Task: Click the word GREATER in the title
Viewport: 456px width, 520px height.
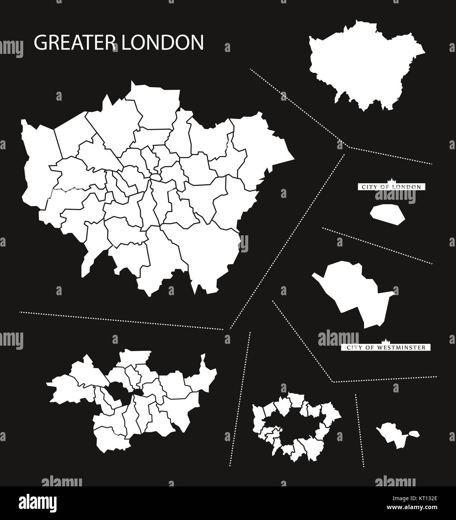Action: point(73,43)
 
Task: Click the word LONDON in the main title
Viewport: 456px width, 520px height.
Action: point(161,43)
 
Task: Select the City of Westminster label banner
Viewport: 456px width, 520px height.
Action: point(386,348)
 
